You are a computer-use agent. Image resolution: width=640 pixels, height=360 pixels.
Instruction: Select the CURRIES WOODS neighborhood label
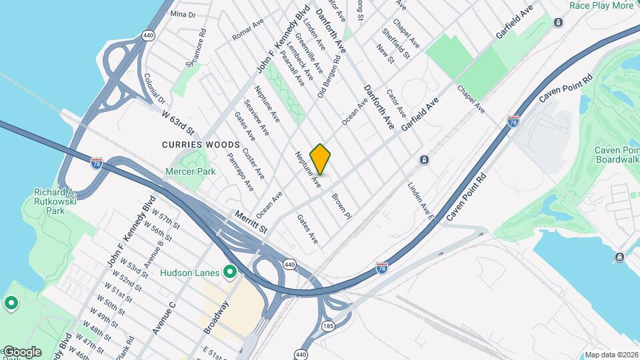click(x=200, y=144)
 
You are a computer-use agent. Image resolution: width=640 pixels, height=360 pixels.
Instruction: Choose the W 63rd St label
click(x=177, y=121)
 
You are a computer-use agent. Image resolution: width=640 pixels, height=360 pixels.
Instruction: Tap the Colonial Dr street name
click(x=154, y=88)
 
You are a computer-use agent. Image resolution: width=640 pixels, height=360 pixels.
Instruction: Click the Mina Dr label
click(x=183, y=14)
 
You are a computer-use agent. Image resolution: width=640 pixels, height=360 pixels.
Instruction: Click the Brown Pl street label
click(x=341, y=206)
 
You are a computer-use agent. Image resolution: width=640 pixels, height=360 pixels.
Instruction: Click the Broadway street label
click(x=216, y=317)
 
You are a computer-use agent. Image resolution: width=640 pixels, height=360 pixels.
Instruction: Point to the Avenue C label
click(x=163, y=318)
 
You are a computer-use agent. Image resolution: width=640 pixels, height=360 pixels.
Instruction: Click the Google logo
click(x=22, y=351)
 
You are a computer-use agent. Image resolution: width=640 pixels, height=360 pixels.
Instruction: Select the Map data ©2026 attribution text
click(x=611, y=355)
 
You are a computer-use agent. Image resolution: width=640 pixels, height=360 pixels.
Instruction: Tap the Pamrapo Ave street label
click(x=240, y=171)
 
